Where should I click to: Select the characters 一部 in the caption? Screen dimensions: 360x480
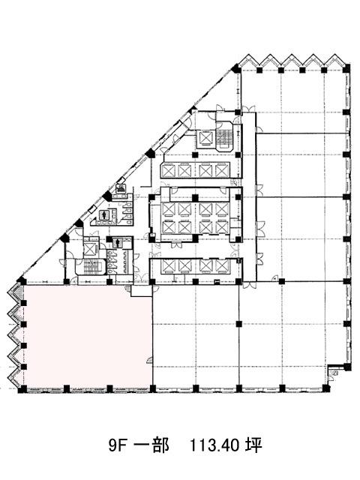coord(152,445)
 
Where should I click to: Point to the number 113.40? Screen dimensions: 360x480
coord(214,445)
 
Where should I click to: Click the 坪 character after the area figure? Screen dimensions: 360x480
coord(253,445)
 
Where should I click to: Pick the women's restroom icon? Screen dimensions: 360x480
coord(105,215)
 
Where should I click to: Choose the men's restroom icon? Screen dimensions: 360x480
coord(118,242)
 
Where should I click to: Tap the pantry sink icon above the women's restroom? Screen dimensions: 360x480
coord(121,189)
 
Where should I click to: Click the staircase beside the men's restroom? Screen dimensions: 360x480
coord(91,266)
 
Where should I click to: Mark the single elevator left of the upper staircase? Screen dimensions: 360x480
coord(205,138)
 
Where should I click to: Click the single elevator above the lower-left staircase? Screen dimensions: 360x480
coord(90,248)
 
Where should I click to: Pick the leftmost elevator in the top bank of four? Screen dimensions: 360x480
coord(169,171)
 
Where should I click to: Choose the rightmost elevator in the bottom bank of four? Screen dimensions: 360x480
coord(222,265)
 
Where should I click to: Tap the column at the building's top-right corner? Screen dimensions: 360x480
coord(346,68)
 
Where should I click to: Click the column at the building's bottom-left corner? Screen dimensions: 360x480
coord(22,389)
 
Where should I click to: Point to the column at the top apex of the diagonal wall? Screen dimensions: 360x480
coord(236,68)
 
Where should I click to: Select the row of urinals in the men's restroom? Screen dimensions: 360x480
coord(127,261)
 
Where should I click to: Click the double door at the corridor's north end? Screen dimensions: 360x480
coord(248,109)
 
